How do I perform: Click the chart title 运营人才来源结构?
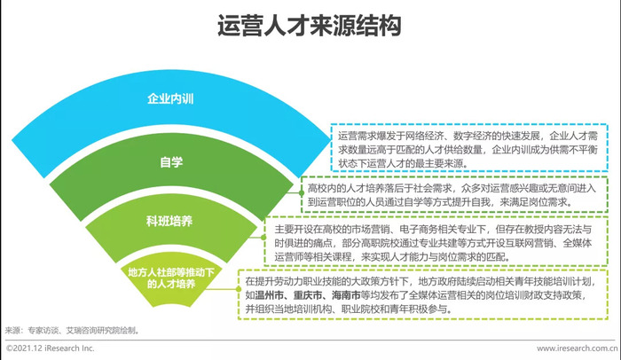(x=310, y=26)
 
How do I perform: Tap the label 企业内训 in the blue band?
(x=170, y=98)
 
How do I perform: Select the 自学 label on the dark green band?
(x=171, y=162)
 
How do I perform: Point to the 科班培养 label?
(x=169, y=221)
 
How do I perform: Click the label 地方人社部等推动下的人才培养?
(x=171, y=278)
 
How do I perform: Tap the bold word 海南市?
(x=347, y=295)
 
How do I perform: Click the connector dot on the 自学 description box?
(x=302, y=193)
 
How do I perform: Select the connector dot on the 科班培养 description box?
(x=263, y=238)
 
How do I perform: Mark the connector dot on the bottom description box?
(x=238, y=289)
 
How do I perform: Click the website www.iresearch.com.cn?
(x=577, y=348)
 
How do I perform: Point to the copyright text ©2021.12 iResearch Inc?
(x=51, y=348)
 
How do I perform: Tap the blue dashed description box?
(x=469, y=147)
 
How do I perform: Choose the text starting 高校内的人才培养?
(x=452, y=189)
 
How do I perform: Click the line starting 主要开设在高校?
(x=433, y=230)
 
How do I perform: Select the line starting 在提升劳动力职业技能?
(x=421, y=282)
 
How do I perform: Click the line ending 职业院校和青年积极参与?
(x=349, y=309)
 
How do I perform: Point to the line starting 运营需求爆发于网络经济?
(x=468, y=137)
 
